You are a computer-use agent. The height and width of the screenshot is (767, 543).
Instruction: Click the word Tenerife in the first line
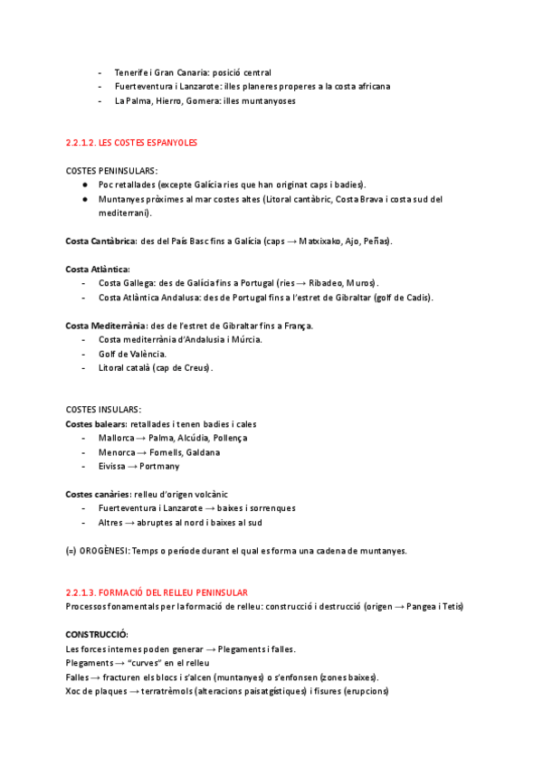pyautogui.click(x=130, y=72)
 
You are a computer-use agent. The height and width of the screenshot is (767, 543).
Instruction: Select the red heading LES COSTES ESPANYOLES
pyautogui.click(x=148, y=143)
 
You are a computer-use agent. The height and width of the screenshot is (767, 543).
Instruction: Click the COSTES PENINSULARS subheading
pyautogui.click(x=111, y=171)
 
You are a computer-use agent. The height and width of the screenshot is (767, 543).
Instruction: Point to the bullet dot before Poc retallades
pyautogui.click(x=84, y=185)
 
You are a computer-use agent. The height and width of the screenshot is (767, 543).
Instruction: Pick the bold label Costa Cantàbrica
pyautogui.click(x=100, y=241)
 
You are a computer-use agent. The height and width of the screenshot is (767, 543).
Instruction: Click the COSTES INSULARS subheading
pyautogui.click(x=103, y=410)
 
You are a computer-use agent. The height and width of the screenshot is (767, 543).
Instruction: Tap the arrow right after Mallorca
pyautogui.click(x=141, y=438)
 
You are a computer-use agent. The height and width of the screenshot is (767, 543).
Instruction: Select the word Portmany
pyautogui.click(x=161, y=466)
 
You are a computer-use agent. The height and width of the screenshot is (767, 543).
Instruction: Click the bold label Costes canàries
pyautogui.click(x=97, y=494)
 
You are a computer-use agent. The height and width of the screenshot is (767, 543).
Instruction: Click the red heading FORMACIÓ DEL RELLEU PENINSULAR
pyautogui.click(x=177, y=592)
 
